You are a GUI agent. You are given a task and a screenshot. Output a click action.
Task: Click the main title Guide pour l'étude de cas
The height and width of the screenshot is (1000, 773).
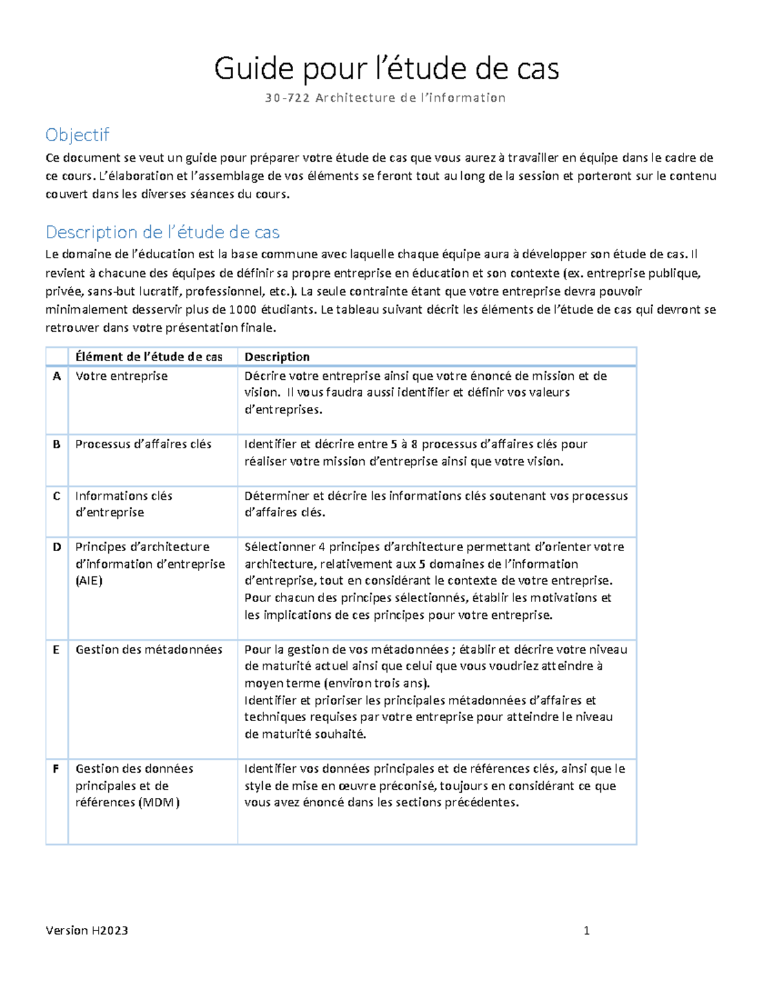click(386, 69)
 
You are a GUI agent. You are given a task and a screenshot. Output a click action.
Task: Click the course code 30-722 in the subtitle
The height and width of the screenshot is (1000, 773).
click(287, 98)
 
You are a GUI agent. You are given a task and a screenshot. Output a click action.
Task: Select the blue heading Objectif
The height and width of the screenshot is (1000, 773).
click(77, 135)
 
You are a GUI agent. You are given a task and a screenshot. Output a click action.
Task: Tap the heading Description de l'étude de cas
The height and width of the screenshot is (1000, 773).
click(162, 232)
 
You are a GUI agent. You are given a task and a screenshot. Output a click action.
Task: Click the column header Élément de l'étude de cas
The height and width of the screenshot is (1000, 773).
click(149, 357)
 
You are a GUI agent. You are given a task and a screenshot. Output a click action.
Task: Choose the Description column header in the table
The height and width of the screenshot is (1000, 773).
click(277, 357)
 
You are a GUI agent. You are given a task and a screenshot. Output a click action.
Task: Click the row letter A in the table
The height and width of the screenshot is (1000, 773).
click(57, 376)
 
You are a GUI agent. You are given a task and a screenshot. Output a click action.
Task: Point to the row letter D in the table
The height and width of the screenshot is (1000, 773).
click(57, 547)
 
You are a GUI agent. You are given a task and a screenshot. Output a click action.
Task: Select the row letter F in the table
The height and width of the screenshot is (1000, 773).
click(56, 768)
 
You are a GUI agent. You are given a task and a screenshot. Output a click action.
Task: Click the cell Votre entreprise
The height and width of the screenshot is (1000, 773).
click(121, 376)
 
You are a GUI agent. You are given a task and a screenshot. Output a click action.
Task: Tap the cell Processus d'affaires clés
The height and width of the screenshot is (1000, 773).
click(143, 444)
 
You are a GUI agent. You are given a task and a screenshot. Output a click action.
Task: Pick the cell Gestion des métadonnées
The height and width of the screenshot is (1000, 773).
click(149, 650)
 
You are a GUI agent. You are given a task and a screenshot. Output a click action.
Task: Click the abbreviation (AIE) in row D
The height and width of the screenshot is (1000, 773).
click(89, 581)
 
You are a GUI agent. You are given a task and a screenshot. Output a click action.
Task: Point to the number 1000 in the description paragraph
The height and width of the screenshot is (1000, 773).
click(243, 310)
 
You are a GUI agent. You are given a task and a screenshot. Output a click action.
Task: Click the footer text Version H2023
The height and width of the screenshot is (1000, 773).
click(87, 930)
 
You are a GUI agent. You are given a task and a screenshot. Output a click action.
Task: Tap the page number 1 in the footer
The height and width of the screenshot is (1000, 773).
click(586, 930)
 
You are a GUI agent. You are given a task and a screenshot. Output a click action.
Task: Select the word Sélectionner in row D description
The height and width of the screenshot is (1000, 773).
click(280, 547)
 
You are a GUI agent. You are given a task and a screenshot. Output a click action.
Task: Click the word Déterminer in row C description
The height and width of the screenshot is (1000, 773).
click(277, 496)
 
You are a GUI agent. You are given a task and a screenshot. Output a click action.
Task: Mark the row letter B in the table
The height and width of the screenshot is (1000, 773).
click(57, 444)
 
